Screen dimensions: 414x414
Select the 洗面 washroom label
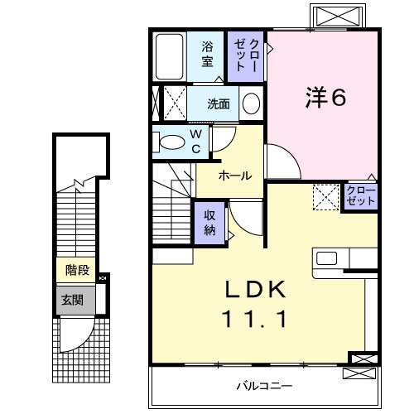219,104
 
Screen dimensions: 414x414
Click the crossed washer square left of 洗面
172,103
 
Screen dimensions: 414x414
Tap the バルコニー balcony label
262,386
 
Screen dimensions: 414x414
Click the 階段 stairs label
77,270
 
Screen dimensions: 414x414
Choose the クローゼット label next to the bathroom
248,55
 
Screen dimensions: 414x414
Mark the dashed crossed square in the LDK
325,197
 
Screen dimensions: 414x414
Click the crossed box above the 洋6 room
336,17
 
